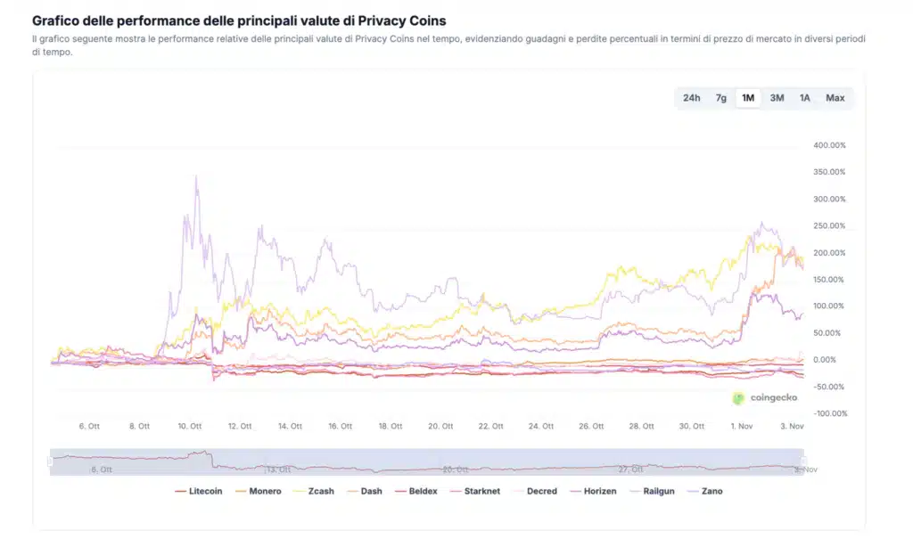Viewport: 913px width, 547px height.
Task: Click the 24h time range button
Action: [x=691, y=98]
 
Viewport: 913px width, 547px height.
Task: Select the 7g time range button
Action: [x=720, y=98]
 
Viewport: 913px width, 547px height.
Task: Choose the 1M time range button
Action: [x=748, y=98]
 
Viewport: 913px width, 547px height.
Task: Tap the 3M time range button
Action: [x=777, y=98]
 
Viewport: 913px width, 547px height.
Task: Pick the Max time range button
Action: [x=835, y=98]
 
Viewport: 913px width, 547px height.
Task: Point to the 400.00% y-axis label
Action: [x=829, y=145]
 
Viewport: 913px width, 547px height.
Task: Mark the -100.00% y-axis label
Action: [x=829, y=413]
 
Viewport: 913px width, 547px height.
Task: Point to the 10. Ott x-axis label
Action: [x=190, y=427]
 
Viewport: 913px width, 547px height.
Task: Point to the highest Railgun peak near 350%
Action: [x=196, y=176]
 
